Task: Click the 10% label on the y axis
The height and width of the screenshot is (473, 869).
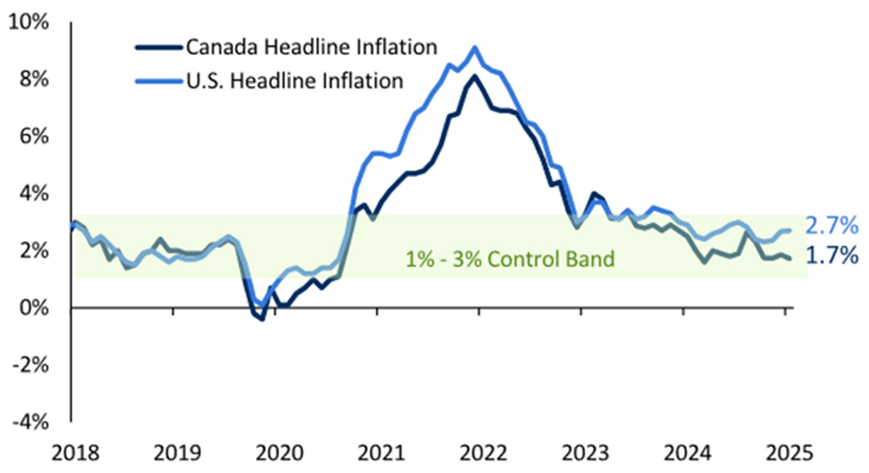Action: coord(28,22)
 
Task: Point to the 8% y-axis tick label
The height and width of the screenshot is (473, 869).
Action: coord(34,79)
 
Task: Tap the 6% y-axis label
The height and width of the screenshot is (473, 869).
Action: coord(34,136)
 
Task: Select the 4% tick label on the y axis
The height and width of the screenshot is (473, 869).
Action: coord(34,193)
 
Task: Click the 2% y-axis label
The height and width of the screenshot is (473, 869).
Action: coord(34,251)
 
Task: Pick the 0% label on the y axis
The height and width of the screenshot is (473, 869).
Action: coord(34,308)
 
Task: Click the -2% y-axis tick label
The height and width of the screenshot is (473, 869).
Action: coord(30,365)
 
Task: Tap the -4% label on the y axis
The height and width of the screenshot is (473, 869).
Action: coord(30,422)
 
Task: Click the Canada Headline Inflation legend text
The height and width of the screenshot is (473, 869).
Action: coord(312,47)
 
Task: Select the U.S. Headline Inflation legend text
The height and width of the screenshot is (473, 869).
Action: coord(295,81)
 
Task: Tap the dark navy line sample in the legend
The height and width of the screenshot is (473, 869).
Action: coord(158,47)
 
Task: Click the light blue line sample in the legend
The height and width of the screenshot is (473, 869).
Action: coord(158,81)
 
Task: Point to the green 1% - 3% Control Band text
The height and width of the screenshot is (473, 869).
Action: coord(510,259)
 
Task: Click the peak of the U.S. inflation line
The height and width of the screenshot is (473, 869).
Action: coord(475,48)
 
